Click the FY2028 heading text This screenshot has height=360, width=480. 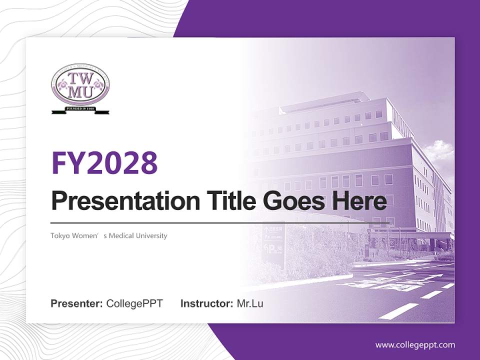(104, 162)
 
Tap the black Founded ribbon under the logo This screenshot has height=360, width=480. (80, 108)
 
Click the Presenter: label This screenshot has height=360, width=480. (77, 303)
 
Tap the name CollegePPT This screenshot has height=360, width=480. (134, 303)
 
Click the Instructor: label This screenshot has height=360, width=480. (207, 303)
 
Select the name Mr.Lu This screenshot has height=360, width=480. (250, 303)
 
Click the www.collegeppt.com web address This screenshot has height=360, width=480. (415, 344)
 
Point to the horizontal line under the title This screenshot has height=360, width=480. (220, 223)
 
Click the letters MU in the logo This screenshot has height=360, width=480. (80, 92)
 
